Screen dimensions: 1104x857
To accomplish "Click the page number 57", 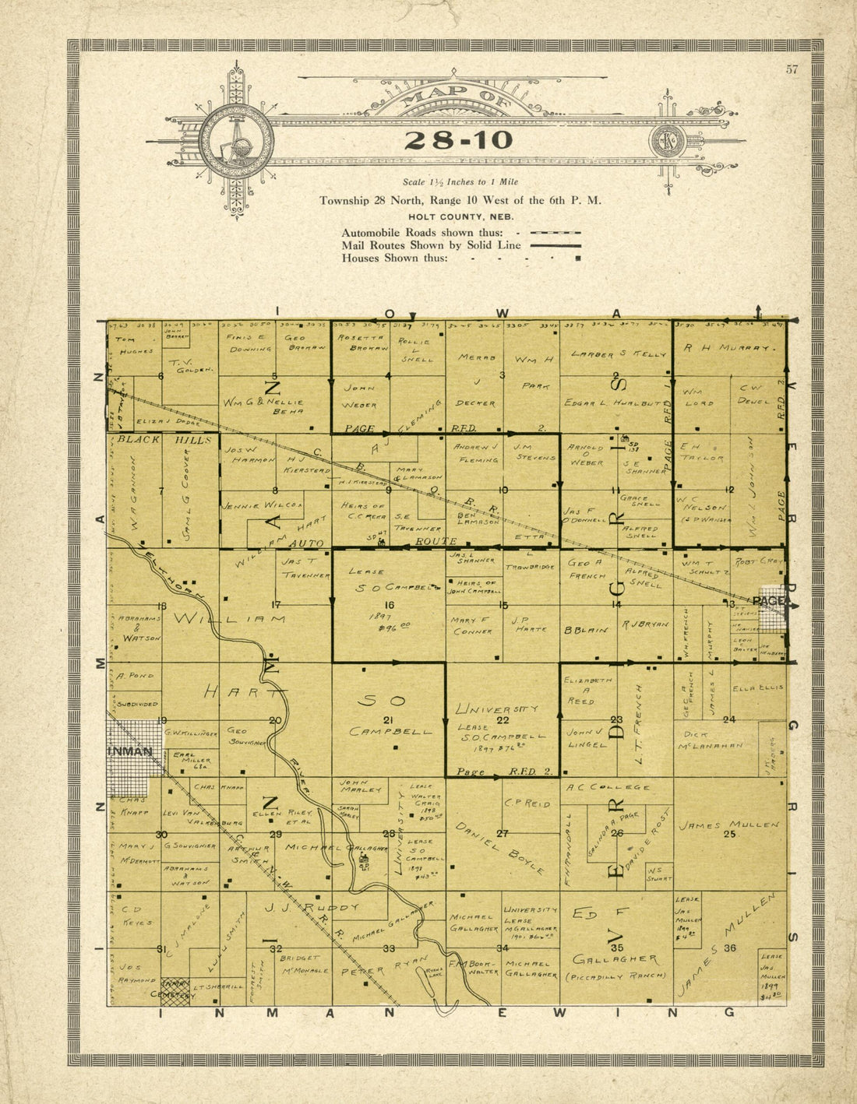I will pos(792,70).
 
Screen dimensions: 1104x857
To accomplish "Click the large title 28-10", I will pos(459,141).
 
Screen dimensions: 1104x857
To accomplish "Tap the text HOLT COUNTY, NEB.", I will pos(460,216).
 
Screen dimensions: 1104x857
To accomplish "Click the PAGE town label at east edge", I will pos(770,601).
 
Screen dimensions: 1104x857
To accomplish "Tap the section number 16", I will pos(389,604).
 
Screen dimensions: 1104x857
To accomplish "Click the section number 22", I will pos(503,720).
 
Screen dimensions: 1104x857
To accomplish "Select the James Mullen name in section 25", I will pos(728,824).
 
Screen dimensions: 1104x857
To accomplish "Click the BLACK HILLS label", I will pos(164,439).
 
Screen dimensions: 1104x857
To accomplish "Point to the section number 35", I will pos(616,948).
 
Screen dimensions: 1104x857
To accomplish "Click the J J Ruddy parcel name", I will pos(312,907).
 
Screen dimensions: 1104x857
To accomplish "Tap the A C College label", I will pos(608,787).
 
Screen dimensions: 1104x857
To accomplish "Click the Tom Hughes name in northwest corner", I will pos(134,345).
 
